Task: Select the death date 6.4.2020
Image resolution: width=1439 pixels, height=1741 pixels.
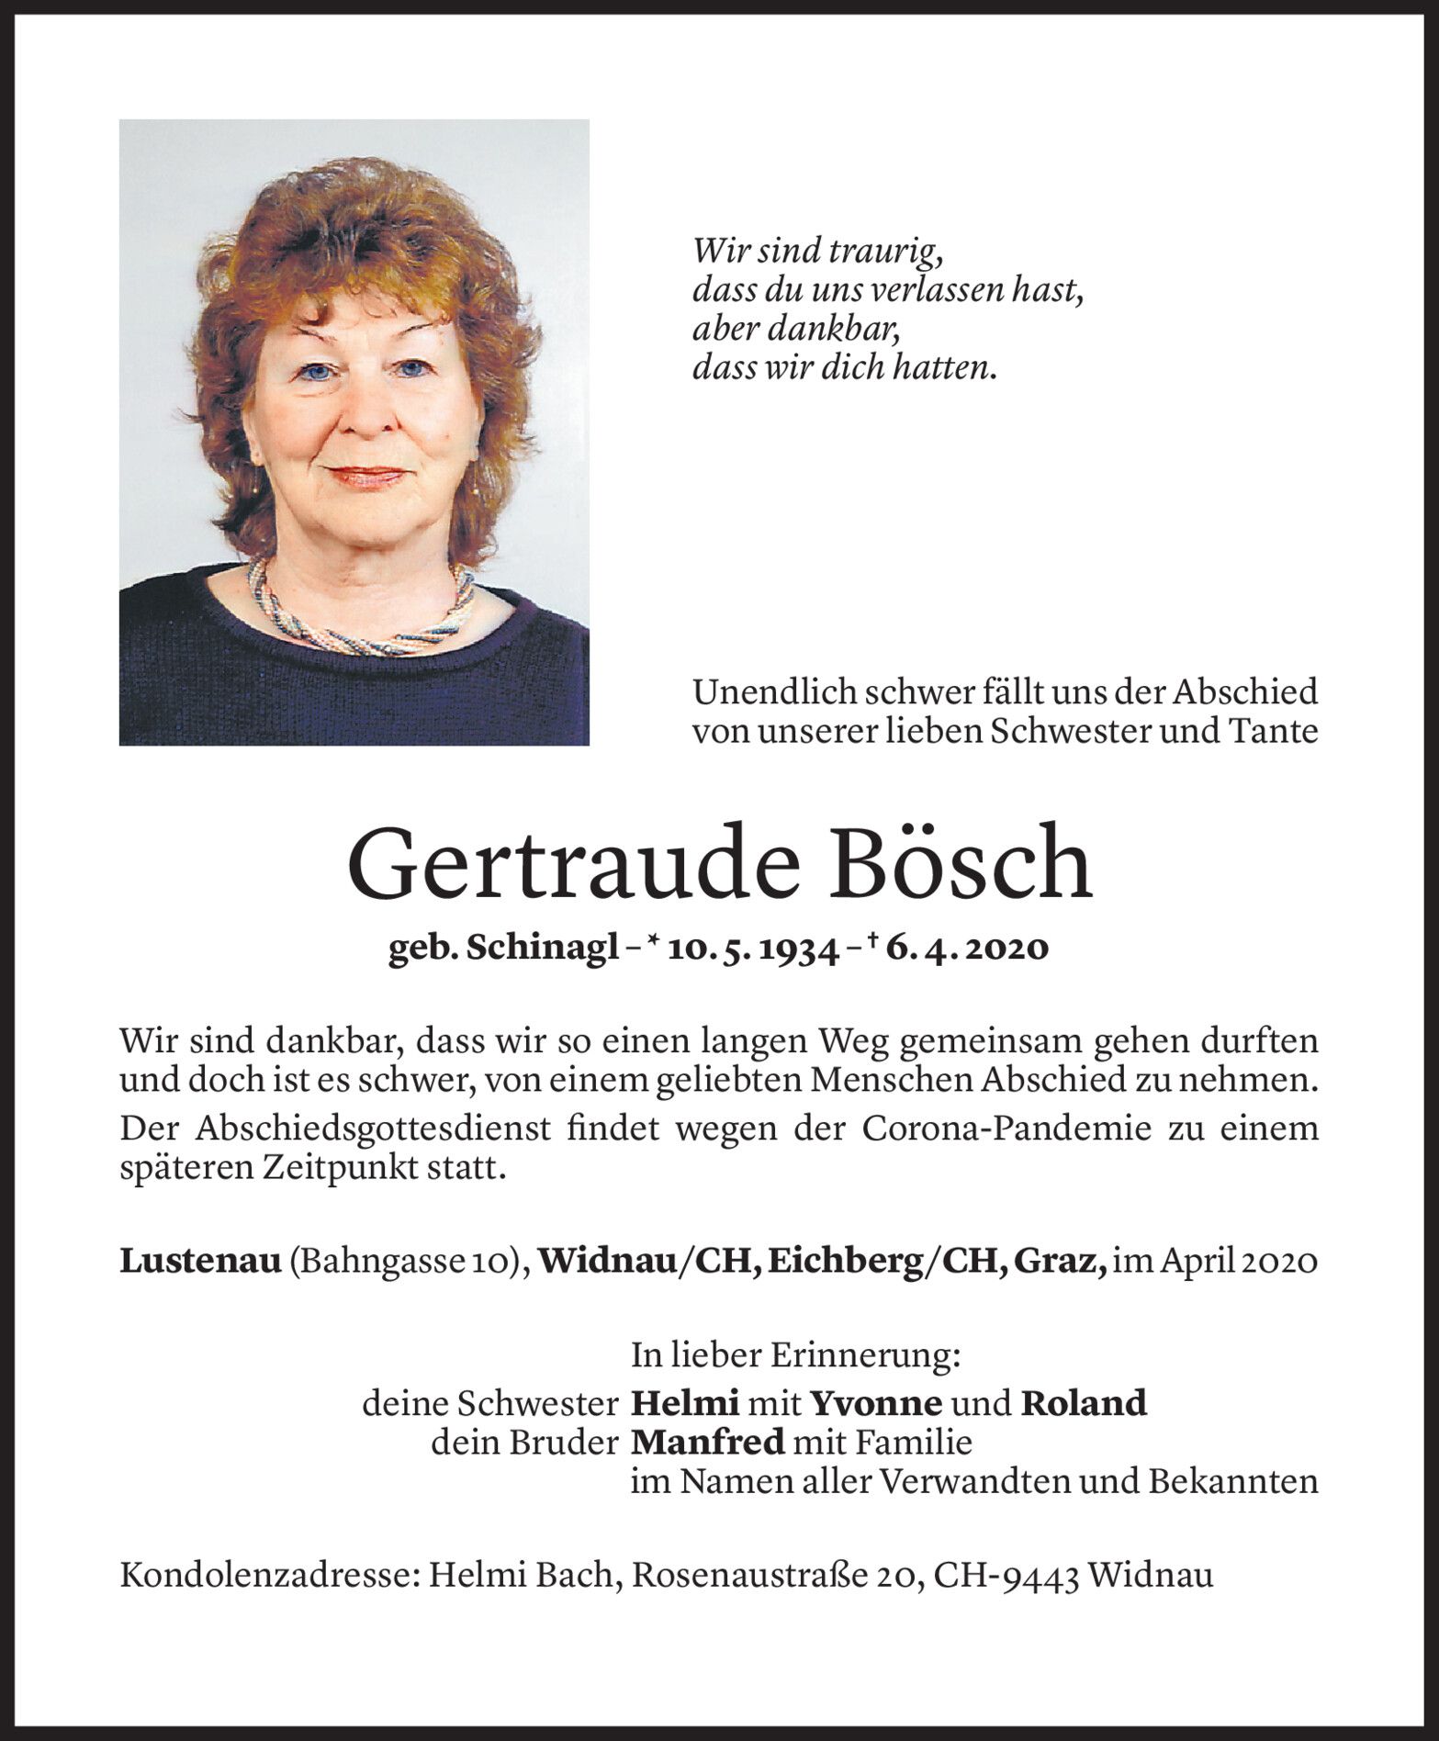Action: tap(967, 949)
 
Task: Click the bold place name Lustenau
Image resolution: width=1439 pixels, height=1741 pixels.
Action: tap(200, 1262)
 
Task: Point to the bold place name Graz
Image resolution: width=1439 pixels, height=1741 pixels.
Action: tap(1071, 1263)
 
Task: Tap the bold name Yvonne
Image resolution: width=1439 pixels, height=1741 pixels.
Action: tap(875, 1404)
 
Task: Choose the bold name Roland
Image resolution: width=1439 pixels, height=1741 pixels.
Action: tap(1084, 1404)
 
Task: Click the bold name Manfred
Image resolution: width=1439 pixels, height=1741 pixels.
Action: tap(708, 1443)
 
